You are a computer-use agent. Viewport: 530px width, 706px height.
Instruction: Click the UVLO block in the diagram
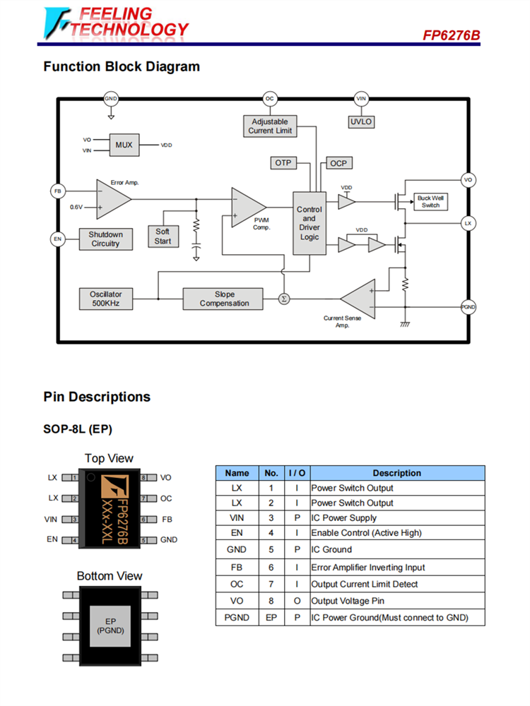click(361, 121)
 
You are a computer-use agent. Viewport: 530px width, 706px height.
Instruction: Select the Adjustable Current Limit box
click(270, 126)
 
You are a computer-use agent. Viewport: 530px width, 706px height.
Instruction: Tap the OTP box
click(283, 163)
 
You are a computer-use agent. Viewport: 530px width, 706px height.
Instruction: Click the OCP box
click(338, 163)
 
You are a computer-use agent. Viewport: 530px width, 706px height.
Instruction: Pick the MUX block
click(124, 145)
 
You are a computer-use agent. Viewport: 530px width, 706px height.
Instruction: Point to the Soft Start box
click(163, 237)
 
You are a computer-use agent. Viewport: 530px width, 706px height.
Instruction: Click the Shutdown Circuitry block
click(105, 239)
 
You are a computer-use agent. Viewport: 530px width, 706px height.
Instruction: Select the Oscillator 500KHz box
click(105, 299)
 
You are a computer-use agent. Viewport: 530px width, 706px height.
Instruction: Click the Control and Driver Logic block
click(309, 223)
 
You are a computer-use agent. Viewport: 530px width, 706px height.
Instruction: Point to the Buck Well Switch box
click(430, 201)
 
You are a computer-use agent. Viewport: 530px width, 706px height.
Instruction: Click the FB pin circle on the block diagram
click(58, 191)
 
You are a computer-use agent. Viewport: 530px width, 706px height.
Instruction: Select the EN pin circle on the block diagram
click(58, 239)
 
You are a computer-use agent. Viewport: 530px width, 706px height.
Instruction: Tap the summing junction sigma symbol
click(284, 299)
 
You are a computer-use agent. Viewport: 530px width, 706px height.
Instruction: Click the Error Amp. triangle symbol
click(112, 198)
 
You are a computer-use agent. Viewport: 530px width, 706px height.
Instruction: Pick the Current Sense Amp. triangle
click(360, 299)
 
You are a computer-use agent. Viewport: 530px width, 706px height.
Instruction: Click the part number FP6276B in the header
click(452, 35)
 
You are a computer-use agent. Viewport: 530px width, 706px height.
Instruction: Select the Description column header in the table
click(397, 473)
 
